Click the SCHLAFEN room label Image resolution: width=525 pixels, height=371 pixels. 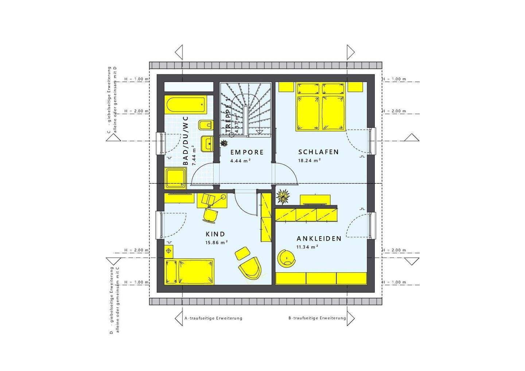point(318,152)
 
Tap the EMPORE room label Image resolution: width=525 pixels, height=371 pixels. point(247,152)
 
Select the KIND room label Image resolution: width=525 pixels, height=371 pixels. point(215,234)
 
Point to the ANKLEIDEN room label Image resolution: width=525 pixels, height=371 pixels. point(319,239)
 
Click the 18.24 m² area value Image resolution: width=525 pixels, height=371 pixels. point(309,160)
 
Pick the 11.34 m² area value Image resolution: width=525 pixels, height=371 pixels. point(307,247)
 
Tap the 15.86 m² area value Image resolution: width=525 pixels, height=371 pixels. point(217,242)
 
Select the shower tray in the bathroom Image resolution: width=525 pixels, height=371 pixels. point(176,178)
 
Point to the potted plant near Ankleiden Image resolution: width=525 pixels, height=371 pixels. point(283,197)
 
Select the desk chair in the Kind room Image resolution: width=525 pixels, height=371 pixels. point(210,215)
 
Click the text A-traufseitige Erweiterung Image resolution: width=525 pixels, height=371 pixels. point(213,318)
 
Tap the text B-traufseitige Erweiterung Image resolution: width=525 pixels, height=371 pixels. point(317,318)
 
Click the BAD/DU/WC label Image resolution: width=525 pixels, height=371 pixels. point(186,141)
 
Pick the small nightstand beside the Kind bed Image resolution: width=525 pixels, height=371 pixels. point(169,251)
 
